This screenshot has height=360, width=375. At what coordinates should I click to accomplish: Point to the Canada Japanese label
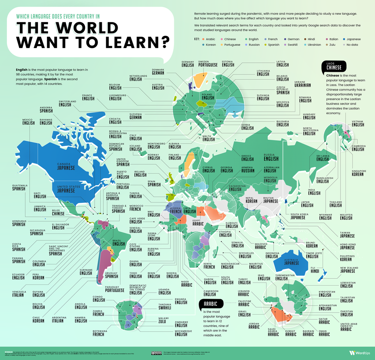click(66, 166)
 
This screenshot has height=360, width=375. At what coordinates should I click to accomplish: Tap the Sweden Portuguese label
click(208, 63)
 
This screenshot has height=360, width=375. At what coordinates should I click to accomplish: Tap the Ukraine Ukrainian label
click(302, 84)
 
